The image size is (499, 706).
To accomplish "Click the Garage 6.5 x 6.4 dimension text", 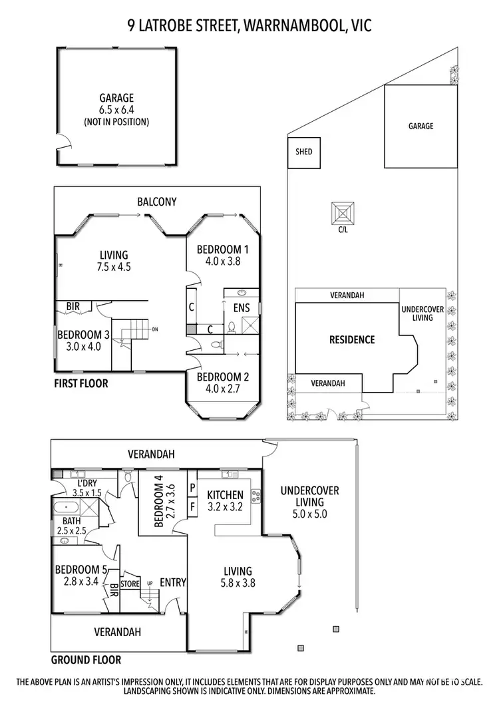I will pos(116,110).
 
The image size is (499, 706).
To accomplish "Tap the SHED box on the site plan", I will pos(303,152).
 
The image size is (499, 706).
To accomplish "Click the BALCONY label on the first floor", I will pos(157,202).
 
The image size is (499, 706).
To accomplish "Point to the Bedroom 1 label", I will pos(222,250).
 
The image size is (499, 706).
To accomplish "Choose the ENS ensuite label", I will pos(240,308).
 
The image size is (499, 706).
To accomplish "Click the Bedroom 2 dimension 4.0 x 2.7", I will pos(222,388).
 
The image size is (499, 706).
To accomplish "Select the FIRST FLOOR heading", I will pos(81,384).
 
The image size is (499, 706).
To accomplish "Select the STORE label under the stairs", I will pos(130,584).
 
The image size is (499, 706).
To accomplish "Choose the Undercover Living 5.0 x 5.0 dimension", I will pos(309,514).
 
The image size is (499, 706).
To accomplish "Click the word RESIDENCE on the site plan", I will pos(352,339).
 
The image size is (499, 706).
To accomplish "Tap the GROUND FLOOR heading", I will pos(86,660).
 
